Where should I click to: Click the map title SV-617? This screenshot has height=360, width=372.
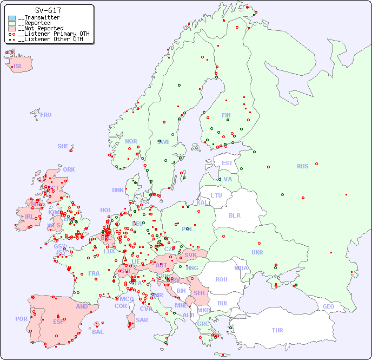pos(48,10)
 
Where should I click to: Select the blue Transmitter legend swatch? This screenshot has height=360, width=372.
pos(12,18)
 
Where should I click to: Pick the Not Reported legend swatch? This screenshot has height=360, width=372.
pos(12,29)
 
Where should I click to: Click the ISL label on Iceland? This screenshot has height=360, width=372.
pos(18,67)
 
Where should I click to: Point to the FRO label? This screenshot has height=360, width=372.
pos(46,115)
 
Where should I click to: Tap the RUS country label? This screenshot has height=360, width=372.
pos(302,166)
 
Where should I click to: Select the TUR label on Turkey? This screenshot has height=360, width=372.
pos(277,330)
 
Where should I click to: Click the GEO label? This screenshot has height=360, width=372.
pos(328,306)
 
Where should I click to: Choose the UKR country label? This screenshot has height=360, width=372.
pos(257,252)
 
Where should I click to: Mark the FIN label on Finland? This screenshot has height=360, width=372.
pos(226,115)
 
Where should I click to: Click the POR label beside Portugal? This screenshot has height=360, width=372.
pos(21,319)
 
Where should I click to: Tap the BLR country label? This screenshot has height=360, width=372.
pos(235,215)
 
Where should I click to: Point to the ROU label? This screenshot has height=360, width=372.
pos(221,279)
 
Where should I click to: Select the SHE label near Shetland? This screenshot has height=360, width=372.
pos(63,146)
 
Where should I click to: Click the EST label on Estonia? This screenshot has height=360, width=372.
pos(227,163)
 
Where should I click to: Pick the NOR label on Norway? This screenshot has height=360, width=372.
pos(131,141)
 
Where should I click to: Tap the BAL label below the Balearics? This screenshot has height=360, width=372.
pos(98,332)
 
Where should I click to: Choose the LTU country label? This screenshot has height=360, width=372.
pos(216,195)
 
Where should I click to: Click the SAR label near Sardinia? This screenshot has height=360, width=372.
pos(142,320)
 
